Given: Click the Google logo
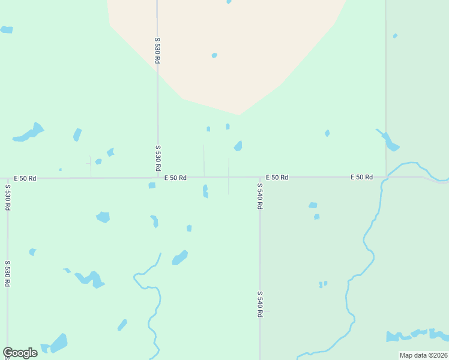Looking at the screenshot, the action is click(x=20, y=352).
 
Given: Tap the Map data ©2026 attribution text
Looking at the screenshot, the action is click(x=424, y=355).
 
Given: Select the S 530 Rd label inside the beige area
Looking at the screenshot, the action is click(x=157, y=50).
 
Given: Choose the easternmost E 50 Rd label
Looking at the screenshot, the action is click(x=361, y=177).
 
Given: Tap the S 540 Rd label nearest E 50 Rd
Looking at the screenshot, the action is click(x=260, y=196).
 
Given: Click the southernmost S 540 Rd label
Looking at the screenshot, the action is click(x=260, y=304).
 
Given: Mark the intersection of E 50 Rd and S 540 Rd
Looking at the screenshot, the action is click(x=260, y=178).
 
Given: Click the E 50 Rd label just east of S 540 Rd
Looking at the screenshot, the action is click(x=277, y=178).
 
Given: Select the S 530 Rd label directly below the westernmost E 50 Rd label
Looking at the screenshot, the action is click(x=8, y=197).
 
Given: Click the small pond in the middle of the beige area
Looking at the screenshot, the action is click(x=214, y=55).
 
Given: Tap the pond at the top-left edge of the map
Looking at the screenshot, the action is click(x=7, y=29).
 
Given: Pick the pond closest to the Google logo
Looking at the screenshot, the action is click(x=59, y=343).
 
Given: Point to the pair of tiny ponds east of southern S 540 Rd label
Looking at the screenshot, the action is click(x=323, y=284).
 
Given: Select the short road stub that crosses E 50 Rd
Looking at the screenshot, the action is click(x=228, y=176).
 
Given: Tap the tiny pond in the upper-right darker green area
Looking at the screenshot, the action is click(x=395, y=36).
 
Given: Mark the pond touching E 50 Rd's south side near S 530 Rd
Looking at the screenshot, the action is click(x=152, y=185).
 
